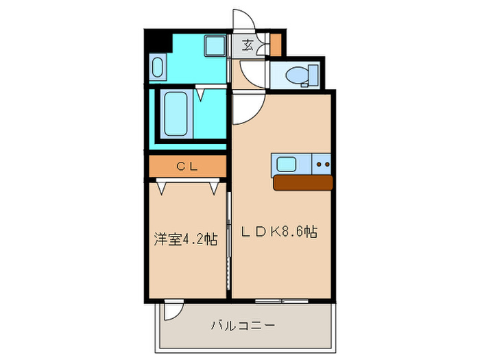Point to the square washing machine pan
(215, 47)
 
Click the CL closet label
(187, 165)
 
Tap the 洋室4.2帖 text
(185, 239)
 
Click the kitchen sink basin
(286, 165)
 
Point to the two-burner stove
(322, 165)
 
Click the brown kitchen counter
(302, 182)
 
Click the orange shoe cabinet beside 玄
(275, 45)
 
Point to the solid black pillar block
(157, 40)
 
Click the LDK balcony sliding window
(281, 300)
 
